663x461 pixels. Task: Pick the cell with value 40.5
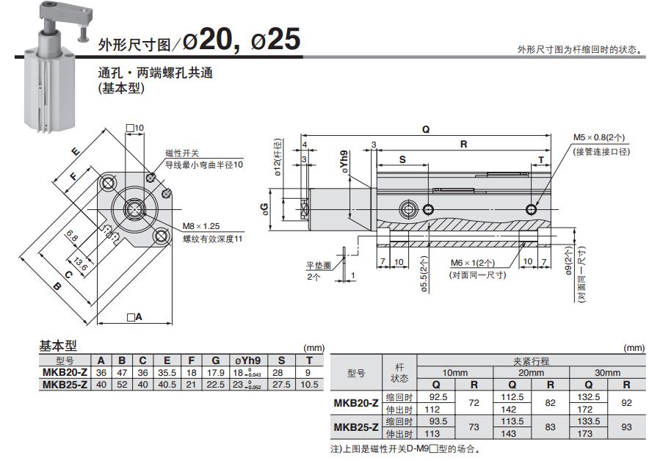[x=167, y=384]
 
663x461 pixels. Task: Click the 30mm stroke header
[x=607, y=373]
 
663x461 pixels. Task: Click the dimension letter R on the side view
[x=463, y=145]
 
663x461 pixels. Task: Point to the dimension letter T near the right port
[x=541, y=159]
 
